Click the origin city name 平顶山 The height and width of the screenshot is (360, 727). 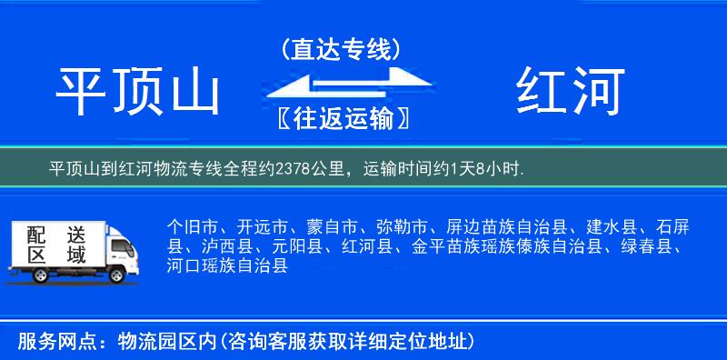coord(138,93)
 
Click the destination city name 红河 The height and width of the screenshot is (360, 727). coord(571,93)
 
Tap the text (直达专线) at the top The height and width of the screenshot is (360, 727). coord(341,49)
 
